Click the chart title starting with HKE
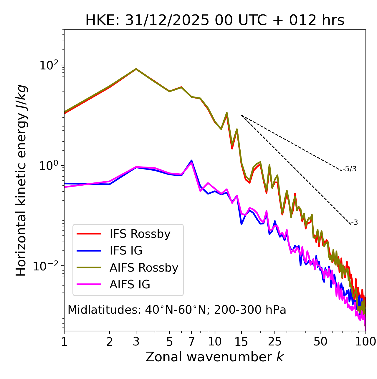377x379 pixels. tap(215, 21)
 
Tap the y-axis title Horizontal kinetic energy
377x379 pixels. tap(21, 180)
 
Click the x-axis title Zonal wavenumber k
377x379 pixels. tap(215, 357)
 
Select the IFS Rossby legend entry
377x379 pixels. tap(140, 234)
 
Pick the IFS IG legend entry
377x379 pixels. tap(126, 251)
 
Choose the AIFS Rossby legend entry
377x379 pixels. tap(144, 268)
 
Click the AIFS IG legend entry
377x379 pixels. tap(130, 285)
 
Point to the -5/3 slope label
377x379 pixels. tap(350, 169)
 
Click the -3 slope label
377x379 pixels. tap(354, 223)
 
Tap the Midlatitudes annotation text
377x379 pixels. tap(177, 310)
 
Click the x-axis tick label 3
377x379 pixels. tap(136, 342)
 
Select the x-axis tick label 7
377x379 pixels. tap(191, 342)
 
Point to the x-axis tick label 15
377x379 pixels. tap(242, 342)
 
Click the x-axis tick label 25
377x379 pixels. tap(275, 342)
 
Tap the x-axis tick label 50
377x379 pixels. tap(320, 342)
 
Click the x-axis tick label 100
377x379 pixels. tap(366, 342)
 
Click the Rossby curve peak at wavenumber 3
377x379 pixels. tap(136, 69)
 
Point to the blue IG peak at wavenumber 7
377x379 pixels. tap(191, 161)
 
